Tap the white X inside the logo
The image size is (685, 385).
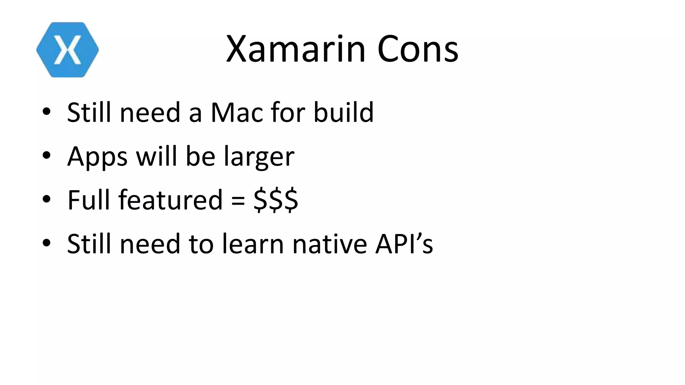[x=68, y=50]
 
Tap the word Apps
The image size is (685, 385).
[x=97, y=156]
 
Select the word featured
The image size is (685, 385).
[x=170, y=200]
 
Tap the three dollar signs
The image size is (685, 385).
[x=276, y=200]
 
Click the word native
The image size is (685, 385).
[x=329, y=244]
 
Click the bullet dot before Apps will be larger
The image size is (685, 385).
[x=46, y=156]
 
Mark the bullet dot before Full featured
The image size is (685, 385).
[x=46, y=199]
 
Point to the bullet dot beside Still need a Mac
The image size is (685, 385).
[x=46, y=112]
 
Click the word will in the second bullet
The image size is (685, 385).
[x=156, y=156]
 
